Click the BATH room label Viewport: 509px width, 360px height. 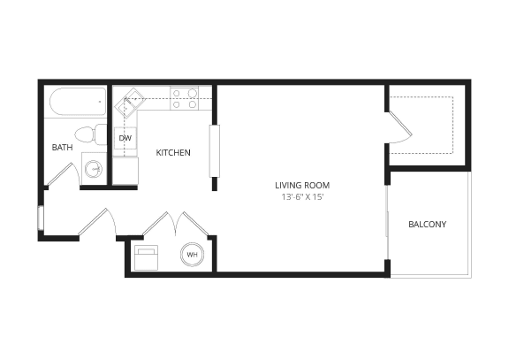click(x=62, y=148)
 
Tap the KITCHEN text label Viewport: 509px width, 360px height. click(x=173, y=153)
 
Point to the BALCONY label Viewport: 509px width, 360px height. click(x=427, y=224)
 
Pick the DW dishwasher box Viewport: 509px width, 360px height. click(x=125, y=139)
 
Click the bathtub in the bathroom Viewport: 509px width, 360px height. click(x=74, y=105)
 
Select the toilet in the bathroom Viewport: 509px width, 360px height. click(x=87, y=135)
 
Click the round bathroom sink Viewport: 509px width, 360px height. click(x=93, y=167)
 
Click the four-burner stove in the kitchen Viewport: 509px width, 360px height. click(x=183, y=98)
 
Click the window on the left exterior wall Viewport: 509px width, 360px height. click(x=41, y=218)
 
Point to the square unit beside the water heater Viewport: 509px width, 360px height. click(x=146, y=257)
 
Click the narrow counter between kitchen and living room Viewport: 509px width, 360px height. click(x=213, y=151)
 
